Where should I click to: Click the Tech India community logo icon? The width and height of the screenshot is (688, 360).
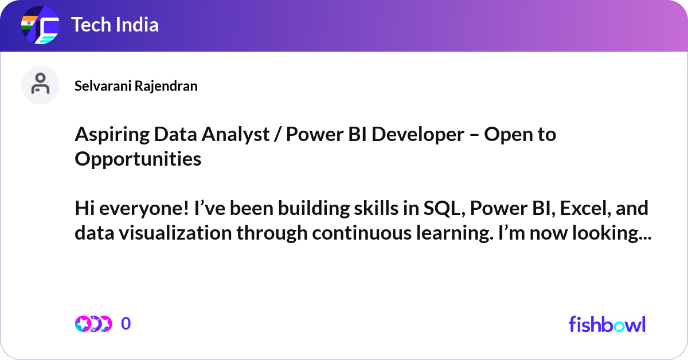click(40, 26)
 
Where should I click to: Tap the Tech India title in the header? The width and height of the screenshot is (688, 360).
click(115, 25)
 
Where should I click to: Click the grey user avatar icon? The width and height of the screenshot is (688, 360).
click(40, 85)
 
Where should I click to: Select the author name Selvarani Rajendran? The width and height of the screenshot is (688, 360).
click(136, 86)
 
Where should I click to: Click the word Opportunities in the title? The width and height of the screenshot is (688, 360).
click(138, 159)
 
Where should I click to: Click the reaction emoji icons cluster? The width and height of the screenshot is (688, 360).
click(93, 324)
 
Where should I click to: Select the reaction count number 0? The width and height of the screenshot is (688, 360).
click(126, 324)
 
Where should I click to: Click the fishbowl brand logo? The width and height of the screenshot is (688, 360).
click(607, 324)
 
